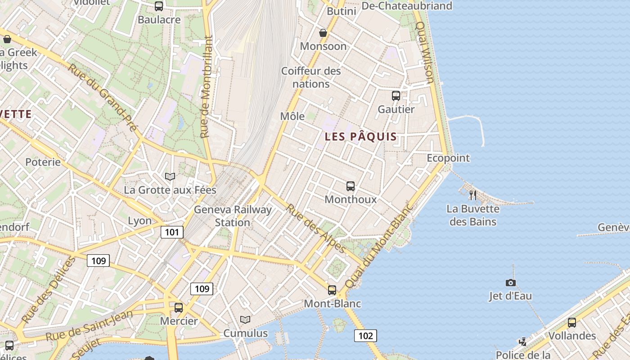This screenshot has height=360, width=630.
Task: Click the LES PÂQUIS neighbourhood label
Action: (x=361, y=137)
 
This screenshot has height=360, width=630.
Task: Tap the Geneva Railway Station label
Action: (x=233, y=216)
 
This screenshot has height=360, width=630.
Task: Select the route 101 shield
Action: (x=172, y=232)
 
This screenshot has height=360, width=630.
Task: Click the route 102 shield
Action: (x=365, y=335)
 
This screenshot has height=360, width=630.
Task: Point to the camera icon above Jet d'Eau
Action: (x=510, y=283)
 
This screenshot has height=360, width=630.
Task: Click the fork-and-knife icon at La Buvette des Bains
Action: (x=472, y=195)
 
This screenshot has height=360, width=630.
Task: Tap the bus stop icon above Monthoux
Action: (x=350, y=186)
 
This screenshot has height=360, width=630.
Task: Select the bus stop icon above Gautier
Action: (x=396, y=95)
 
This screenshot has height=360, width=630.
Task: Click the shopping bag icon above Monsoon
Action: (x=323, y=33)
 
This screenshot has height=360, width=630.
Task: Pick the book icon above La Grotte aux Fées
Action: (x=170, y=176)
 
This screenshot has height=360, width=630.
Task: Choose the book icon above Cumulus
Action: (x=245, y=319)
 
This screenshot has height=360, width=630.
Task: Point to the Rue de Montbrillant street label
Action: (x=206, y=87)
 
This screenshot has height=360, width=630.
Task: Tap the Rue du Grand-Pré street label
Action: (x=102, y=97)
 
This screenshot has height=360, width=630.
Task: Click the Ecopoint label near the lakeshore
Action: (x=448, y=158)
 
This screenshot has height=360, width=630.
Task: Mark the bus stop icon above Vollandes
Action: (x=571, y=322)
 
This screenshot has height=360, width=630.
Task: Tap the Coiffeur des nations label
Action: (x=311, y=77)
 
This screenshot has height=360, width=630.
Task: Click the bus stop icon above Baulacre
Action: (x=159, y=6)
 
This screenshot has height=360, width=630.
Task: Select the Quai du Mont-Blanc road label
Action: (x=378, y=247)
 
